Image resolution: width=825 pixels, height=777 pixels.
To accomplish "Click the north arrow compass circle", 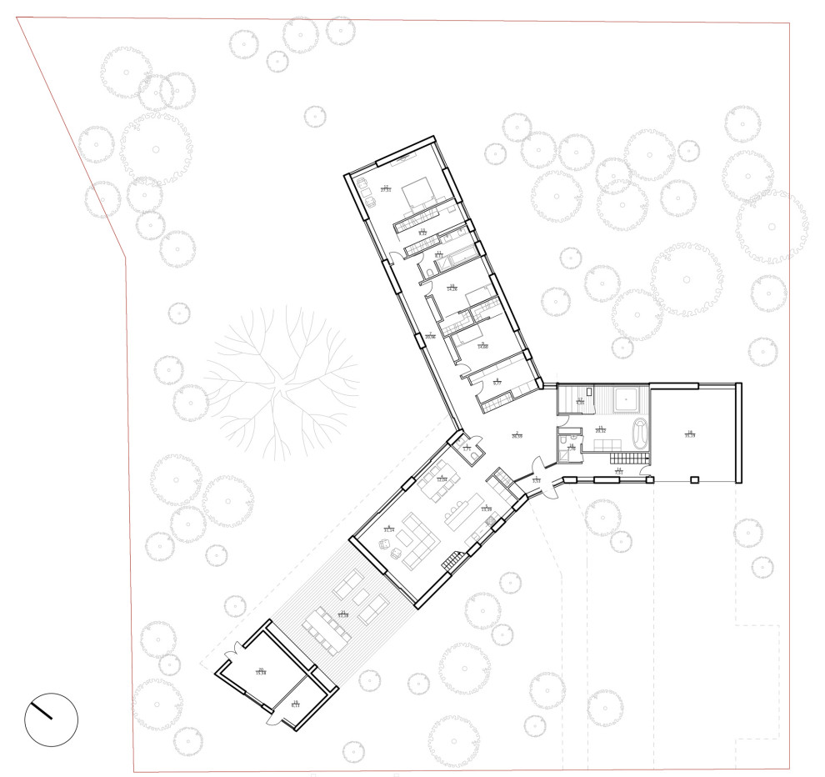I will [51, 719].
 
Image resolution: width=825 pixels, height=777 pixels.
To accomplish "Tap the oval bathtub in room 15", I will [640, 434].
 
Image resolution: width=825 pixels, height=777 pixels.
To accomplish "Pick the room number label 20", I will [261, 669].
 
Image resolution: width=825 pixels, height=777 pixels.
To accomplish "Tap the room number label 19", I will [295, 702].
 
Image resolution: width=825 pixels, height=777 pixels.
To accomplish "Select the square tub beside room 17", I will [622, 401].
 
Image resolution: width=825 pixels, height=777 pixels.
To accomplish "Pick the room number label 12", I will [386, 188].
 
